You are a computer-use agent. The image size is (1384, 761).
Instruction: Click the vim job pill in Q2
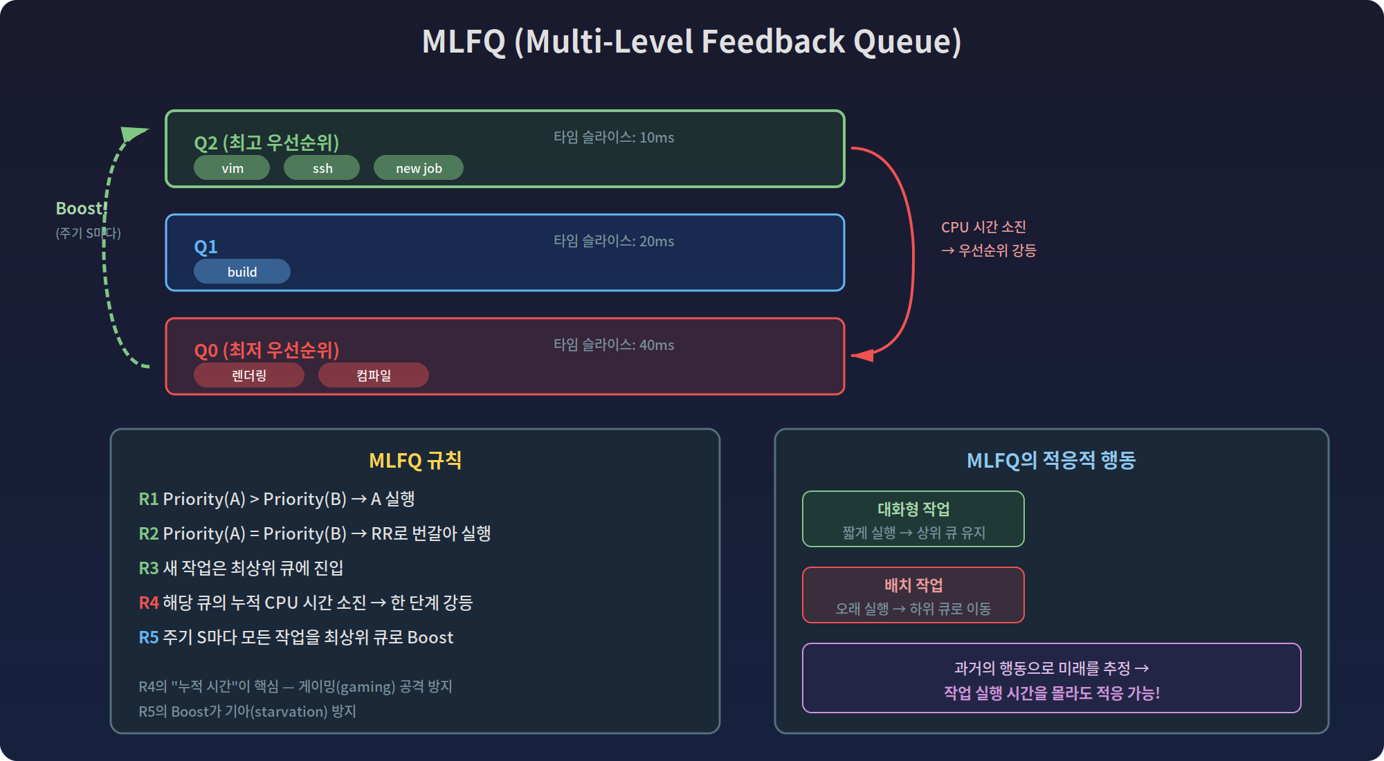click(x=232, y=168)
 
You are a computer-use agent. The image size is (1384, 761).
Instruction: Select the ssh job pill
click(x=322, y=168)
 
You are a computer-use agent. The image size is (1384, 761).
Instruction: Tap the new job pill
click(x=419, y=168)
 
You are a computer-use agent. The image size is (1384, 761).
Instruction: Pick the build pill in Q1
click(x=242, y=272)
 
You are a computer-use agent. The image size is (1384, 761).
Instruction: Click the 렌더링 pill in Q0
click(x=249, y=376)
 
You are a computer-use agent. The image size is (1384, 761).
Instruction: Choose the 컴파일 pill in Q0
click(x=374, y=376)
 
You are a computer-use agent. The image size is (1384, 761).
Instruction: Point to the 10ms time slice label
click(x=614, y=138)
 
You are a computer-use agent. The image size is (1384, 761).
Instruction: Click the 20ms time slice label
click(x=614, y=241)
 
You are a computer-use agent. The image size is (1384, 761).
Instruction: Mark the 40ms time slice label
click(x=614, y=345)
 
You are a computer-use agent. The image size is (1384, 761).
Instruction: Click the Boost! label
click(x=80, y=208)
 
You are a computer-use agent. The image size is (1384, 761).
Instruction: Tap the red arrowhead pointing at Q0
click(x=862, y=355)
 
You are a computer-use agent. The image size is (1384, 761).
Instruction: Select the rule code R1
click(x=148, y=499)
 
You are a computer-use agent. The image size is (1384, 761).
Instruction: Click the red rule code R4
click(x=149, y=603)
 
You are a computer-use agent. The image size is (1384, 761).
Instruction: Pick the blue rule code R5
click(x=148, y=637)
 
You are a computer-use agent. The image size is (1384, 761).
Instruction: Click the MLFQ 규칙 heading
click(x=415, y=460)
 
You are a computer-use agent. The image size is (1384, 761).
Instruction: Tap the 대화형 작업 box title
click(x=913, y=509)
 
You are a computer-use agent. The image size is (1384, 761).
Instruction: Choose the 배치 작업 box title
click(x=913, y=585)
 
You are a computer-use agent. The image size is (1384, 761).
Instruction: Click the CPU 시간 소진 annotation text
click(x=983, y=227)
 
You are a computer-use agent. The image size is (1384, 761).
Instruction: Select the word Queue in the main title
click(x=907, y=42)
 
